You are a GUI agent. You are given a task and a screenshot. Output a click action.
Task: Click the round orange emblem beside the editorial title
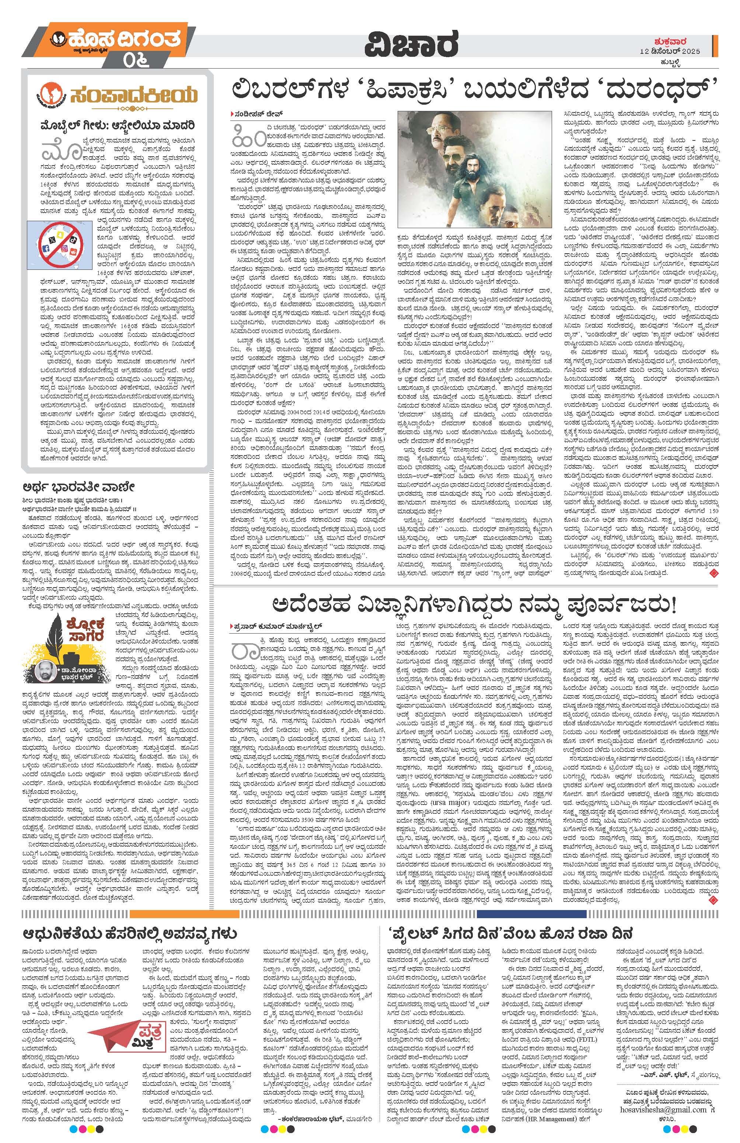click(x=56, y=93)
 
